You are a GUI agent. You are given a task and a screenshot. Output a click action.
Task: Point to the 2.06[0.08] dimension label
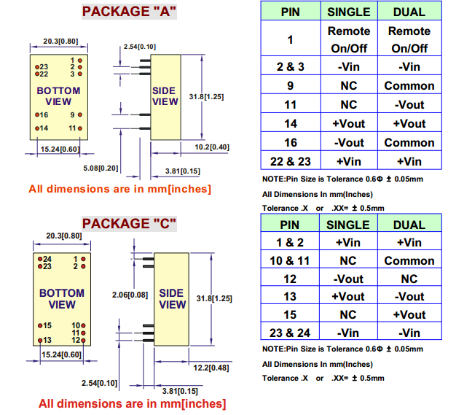tap(130, 295)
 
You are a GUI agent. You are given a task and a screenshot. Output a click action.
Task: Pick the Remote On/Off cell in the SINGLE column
tap(349, 39)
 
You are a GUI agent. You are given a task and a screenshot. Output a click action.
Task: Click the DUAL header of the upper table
tap(409, 12)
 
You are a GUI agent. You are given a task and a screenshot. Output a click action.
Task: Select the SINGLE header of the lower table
tap(348, 225)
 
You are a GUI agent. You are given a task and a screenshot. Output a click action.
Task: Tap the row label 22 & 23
tap(290, 161)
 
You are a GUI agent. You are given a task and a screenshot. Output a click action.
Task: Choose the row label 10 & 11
tap(290, 260)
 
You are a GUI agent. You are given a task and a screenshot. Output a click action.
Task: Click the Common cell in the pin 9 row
tap(409, 85)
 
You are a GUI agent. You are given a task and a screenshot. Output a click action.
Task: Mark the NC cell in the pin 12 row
tap(409, 279)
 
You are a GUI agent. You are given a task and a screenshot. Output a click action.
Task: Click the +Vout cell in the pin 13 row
tap(348, 296)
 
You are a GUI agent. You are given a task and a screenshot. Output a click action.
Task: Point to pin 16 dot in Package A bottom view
tap(36, 115)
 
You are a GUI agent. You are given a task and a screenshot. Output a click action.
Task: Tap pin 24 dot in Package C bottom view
tap(39, 259)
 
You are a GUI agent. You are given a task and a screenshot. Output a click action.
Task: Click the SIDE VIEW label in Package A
tap(165, 96)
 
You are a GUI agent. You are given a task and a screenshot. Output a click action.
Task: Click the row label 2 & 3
tap(290, 66)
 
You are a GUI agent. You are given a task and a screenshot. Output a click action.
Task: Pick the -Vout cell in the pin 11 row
tap(409, 104)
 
